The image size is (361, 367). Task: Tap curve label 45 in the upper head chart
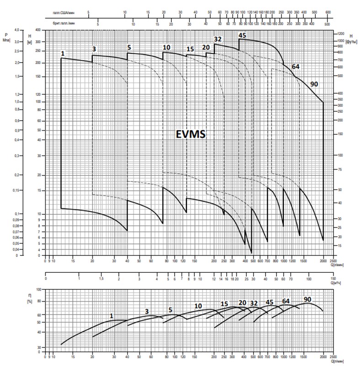click(x=242, y=35)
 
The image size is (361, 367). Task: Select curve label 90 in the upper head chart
click(x=314, y=84)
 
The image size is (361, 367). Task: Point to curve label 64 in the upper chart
click(x=296, y=67)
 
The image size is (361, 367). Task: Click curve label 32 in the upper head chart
click(x=218, y=39)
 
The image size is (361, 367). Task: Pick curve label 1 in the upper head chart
click(x=63, y=54)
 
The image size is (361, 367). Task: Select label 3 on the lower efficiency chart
click(x=147, y=311)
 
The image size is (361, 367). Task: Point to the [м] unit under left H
click(x=29, y=42)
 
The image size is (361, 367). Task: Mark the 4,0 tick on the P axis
click(x=17, y=30)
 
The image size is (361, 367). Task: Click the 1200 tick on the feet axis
click(x=340, y=34)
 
